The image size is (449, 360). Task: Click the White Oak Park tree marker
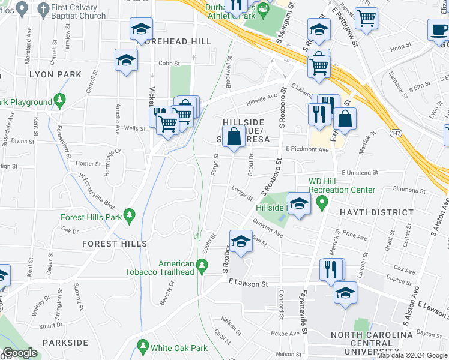pyautogui.click(x=143, y=347)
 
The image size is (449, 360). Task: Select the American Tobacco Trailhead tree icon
pyautogui.click(x=203, y=264)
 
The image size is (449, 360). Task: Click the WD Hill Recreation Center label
pyautogui.click(x=342, y=190)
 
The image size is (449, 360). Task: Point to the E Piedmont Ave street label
pyautogui.click(x=307, y=149)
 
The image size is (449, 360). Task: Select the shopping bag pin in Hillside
pyautogui.click(x=235, y=135)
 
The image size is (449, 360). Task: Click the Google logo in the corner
pyautogui.click(x=20, y=353)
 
